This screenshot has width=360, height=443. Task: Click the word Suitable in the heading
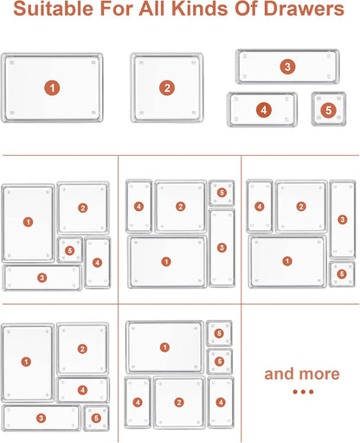pos(54,9)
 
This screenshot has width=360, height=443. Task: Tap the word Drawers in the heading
pos(304,9)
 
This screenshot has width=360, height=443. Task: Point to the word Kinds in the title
pos(200,9)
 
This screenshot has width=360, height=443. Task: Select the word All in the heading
pos(153,9)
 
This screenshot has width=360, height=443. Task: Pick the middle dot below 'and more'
pos(303,392)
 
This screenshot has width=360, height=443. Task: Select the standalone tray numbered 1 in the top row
pos(52,87)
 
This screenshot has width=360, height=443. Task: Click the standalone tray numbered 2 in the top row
pos(167,87)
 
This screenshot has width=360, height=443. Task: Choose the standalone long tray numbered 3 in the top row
pos(287,67)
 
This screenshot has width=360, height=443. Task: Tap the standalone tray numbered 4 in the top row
pos(262,110)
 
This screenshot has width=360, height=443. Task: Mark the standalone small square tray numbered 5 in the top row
pos(329,109)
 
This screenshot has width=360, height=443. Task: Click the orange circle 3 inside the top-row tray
pos(287,67)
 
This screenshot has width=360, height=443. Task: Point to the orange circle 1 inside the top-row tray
pos(52,88)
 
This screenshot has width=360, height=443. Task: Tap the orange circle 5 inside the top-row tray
pos(329,110)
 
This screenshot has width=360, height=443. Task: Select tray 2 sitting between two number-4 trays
pos(179,402)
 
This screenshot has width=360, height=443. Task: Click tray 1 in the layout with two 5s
pos(164,347)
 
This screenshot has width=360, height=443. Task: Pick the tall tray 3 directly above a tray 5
pos(343,220)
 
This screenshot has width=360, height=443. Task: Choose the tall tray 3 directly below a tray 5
pos(222,247)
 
